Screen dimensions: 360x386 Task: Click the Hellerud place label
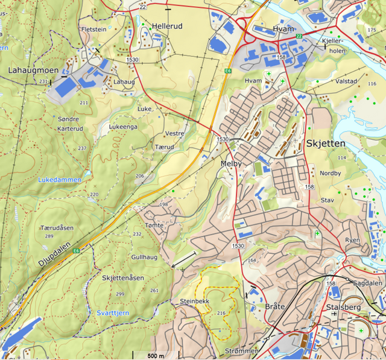(167, 27)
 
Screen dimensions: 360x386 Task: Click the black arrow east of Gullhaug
(183, 260)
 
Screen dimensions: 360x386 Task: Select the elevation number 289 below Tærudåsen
(49, 236)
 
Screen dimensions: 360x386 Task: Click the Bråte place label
(274, 307)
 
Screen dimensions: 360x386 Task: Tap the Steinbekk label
(194, 300)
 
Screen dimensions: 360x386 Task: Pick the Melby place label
(231, 163)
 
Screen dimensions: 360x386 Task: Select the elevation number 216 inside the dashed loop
(221, 313)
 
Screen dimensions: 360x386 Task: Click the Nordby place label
(330, 174)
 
